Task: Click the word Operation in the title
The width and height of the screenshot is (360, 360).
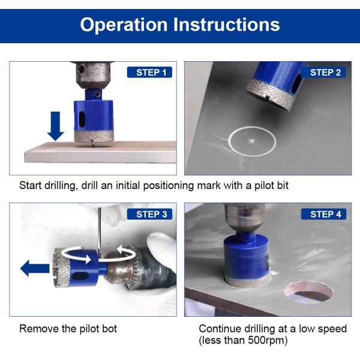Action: tap(124, 25)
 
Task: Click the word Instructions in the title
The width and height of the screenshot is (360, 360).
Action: tap(226, 24)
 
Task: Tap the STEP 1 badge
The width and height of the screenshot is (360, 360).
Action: tap(149, 73)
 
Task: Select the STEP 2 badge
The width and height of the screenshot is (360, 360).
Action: tap(323, 73)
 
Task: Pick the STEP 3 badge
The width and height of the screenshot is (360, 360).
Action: tap(149, 214)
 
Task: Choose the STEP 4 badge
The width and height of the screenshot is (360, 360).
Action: tap(323, 214)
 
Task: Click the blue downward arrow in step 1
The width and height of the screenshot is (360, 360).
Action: tap(56, 126)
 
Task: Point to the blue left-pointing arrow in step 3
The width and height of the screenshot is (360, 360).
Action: tap(35, 268)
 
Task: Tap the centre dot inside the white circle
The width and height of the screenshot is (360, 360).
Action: tap(252, 141)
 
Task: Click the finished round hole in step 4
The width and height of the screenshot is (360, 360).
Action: tap(309, 292)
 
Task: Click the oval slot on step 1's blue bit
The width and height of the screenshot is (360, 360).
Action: tap(82, 119)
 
